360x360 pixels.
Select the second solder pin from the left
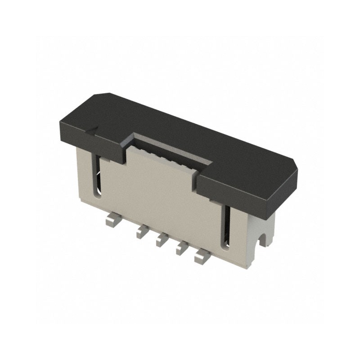141,232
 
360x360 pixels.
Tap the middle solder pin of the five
161,241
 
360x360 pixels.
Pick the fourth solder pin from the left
183,248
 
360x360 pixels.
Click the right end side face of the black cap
283,189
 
